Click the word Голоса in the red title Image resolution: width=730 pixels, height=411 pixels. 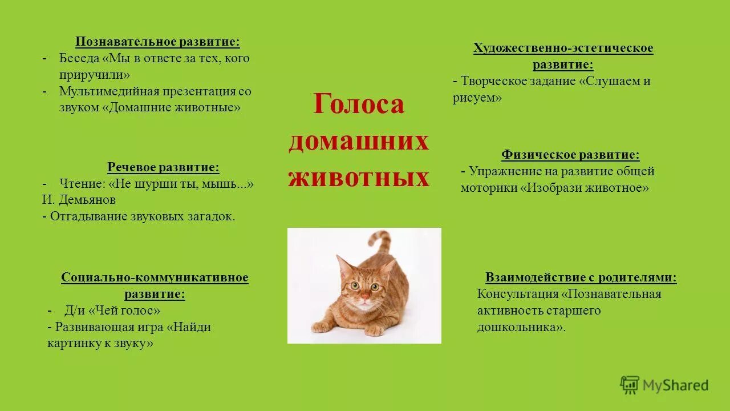point(359,104)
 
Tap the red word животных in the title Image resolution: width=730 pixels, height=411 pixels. point(359,178)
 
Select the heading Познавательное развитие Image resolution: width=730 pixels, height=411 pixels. point(157,42)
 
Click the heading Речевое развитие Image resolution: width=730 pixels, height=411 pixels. point(163,167)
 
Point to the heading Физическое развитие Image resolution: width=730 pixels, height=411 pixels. point(570,155)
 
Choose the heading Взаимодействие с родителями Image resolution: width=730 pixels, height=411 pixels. point(581,278)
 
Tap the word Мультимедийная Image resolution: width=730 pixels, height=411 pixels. point(108,91)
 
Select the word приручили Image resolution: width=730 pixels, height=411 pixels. point(95,75)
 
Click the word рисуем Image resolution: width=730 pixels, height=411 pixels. point(477,98)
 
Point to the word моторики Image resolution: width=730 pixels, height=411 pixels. point(488,188)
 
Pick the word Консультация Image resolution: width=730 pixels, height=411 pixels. point(518,295)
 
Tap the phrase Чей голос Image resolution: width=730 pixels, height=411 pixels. point(124,311)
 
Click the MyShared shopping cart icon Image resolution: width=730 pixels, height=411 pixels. point(630,385)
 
